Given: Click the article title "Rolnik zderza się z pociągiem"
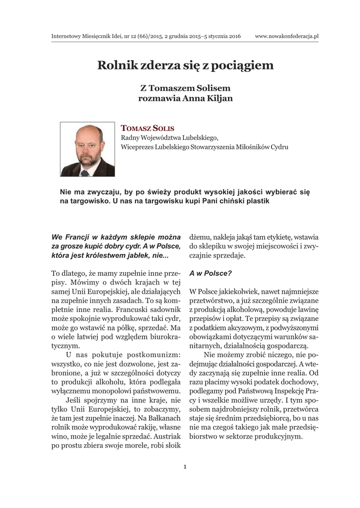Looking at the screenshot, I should pyautogui.click(x=185, y=65).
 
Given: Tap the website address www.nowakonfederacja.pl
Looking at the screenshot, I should pyautogui.click(x=287, y=36).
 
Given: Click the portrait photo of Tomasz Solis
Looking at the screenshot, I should pyautogui.click(x=87, y=149).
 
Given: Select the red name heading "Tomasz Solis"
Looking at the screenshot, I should pyautogui.click(x=147, y=128).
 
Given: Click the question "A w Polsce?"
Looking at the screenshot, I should pyautogui.click(x=211, y=273).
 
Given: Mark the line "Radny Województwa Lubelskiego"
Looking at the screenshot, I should pyautogui.click(x=169, y=137).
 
